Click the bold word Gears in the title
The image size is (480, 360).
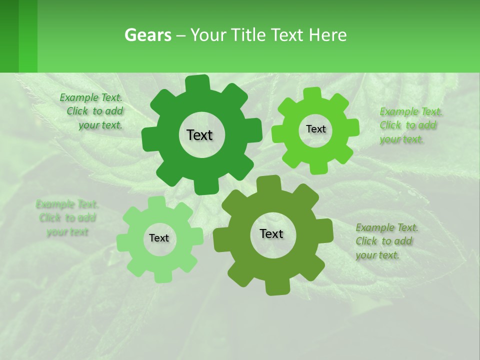(x=148, y=35)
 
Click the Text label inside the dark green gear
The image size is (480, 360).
(x=199, y=135)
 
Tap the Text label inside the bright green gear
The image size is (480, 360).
(x=315, y=129)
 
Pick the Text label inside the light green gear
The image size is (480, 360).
(x=159, y=238)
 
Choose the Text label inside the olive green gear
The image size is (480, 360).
(x=271, y=233)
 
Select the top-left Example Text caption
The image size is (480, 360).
(x=91, y=111)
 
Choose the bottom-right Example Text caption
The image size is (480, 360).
(x=386, y=241)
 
